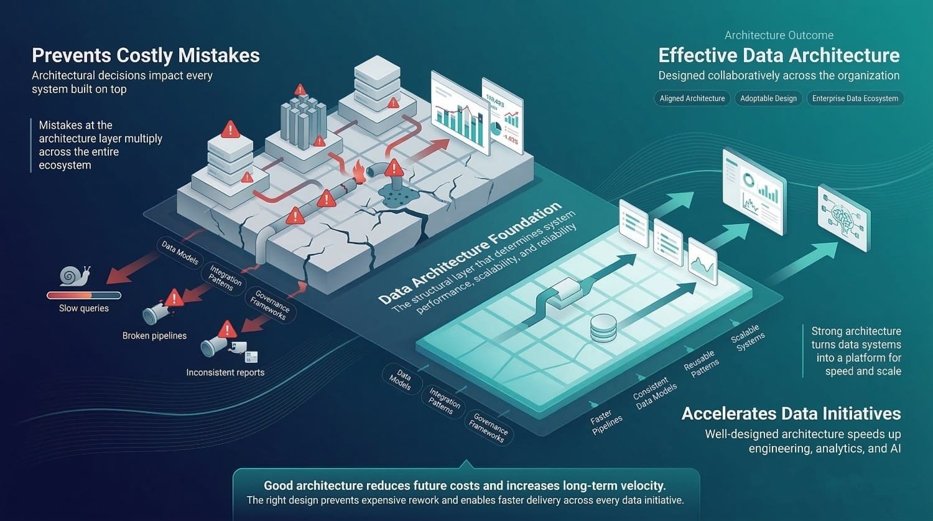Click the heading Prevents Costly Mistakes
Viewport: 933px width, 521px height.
[146, 55]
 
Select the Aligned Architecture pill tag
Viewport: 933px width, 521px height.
[692, 98]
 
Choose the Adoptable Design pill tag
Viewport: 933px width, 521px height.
[768, 98]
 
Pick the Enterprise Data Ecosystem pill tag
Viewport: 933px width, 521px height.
[855, 98]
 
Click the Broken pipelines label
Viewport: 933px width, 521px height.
[154, 336]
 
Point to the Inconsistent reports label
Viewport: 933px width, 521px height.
[225, 372]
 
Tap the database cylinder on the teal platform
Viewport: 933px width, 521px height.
[603, 327]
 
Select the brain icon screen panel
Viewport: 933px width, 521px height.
[844, 218]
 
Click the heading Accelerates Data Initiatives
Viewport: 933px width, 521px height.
[791, 414]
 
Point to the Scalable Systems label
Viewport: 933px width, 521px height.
[748, 338]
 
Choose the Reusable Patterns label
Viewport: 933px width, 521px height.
[701, 363]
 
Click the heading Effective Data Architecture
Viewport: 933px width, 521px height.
[779, 55]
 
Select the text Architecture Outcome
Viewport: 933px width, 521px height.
[779, 35]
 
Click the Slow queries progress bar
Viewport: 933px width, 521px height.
[84, 295]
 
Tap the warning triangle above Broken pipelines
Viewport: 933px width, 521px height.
[174, 298]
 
